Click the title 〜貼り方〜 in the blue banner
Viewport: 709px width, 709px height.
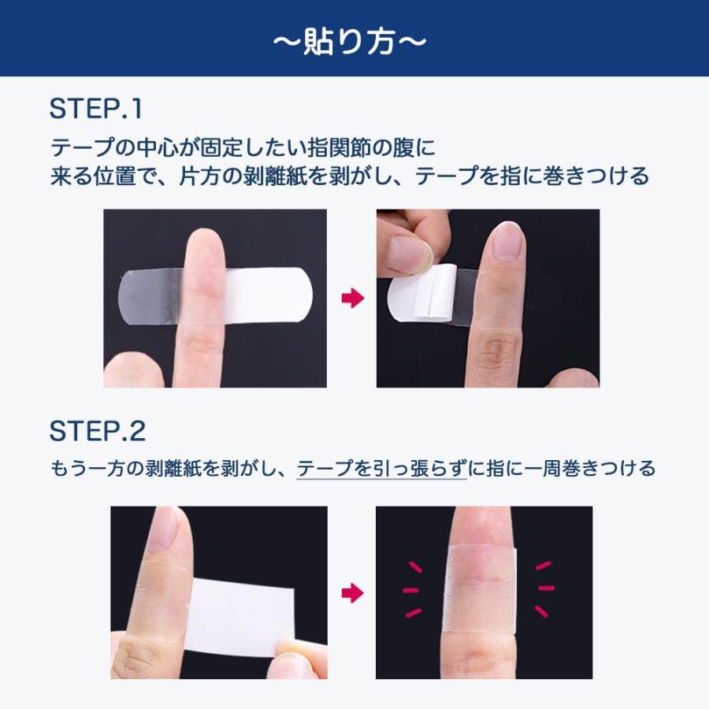click(x=350, y=42)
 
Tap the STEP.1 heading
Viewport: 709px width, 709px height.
click(x=96, y=109)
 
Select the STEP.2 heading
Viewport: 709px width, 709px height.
click(x=98, y=431)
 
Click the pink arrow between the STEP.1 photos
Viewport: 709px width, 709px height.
click(x=353, y=299)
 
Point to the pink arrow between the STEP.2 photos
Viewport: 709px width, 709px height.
click(x=353, y=592)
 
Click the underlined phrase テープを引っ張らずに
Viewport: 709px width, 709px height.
click(x=381, y=468)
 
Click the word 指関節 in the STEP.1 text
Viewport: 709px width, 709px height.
click(x=338, y=148)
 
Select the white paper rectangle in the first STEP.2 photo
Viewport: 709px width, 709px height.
click(x=240, y=617)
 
